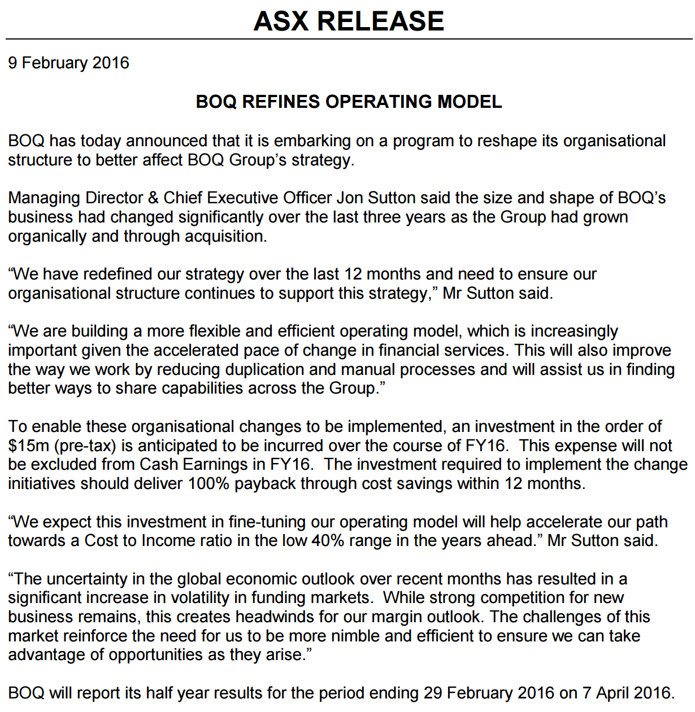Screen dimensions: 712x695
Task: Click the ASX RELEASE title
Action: tap(349, 21)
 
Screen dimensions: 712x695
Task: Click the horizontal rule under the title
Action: tap(349, 39)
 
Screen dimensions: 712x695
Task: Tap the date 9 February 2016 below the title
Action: tap(68, 63)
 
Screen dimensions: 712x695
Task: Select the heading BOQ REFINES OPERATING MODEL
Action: tap(349, 102)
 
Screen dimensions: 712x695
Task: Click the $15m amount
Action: tap(29, 446)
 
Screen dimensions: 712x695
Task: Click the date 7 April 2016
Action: tap(627, 693)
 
